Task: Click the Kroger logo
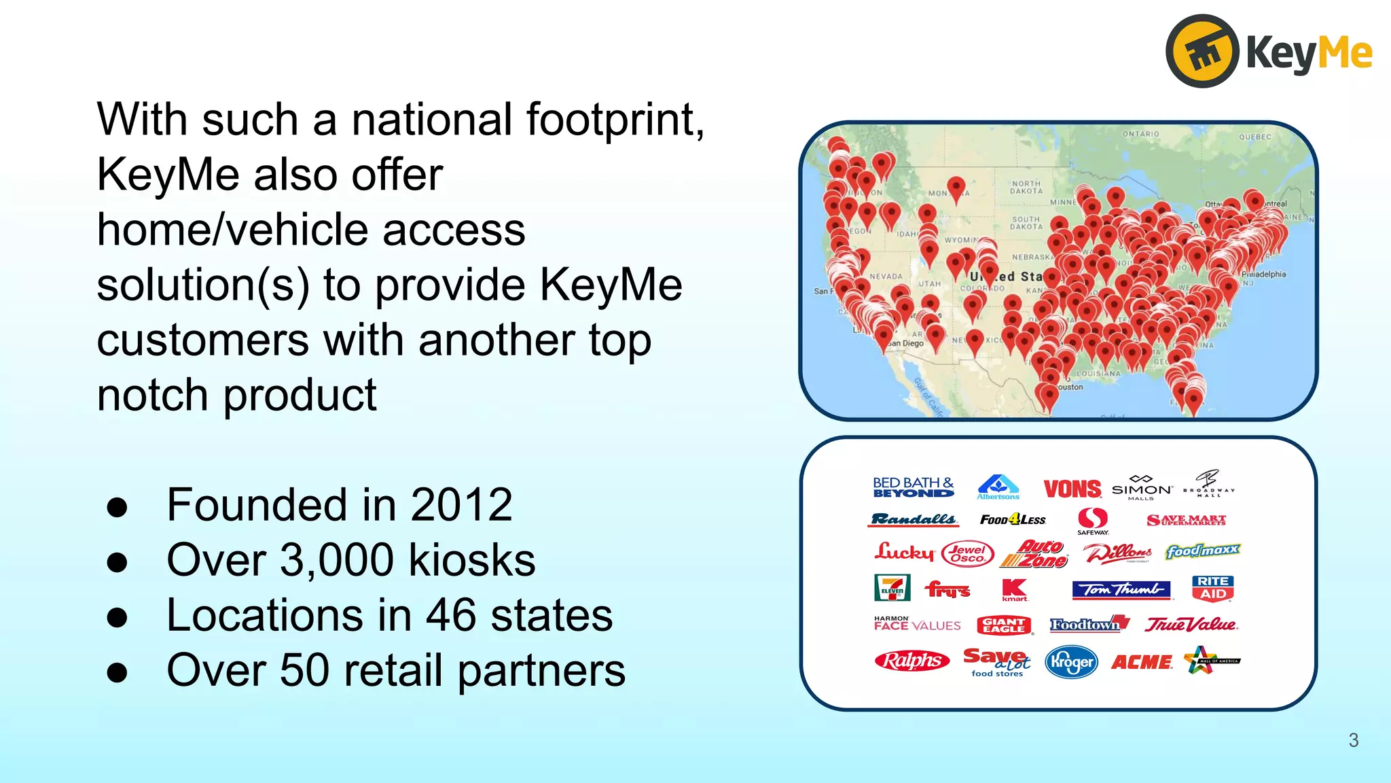coord(1071,661)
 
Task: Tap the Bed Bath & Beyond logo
coord(913,487)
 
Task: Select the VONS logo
coord(1072,489)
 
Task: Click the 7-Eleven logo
coord(892,588)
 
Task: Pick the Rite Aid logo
coord(1213,588)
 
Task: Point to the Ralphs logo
coord(911,660)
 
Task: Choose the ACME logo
coord(1141,662)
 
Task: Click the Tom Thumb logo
coord(1121,589)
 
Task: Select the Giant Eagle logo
coord(1004,625)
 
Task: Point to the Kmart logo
coord(1015,589)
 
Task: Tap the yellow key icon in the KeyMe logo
coord(1202,52)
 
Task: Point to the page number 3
coord(1353,740)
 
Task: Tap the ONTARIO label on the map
coord(1140,134)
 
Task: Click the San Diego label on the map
coord(905,343)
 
